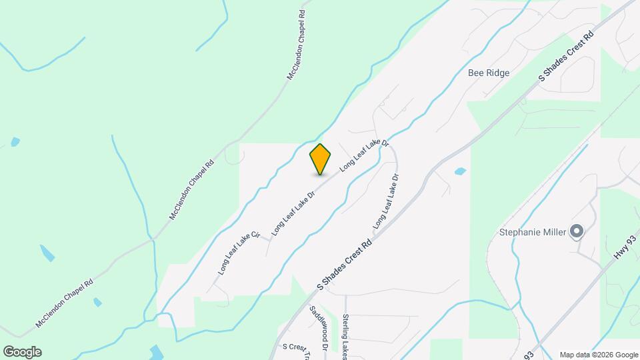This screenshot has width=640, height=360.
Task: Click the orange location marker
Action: point(320,159)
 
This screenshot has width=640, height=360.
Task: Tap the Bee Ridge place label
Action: point(488,73)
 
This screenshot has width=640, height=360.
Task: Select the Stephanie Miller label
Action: point(533,232)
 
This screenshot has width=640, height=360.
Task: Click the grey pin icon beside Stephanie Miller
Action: point(577,231)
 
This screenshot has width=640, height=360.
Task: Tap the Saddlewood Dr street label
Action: point(319,329)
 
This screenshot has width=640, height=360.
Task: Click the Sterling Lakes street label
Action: point(345,337)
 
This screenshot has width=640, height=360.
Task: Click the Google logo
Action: point(22,352)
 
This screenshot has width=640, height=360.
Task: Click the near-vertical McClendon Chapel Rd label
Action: point(297,45)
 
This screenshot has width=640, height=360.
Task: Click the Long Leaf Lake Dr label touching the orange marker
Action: point(364,155)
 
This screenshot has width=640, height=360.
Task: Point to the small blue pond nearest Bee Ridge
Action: point(460,171)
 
